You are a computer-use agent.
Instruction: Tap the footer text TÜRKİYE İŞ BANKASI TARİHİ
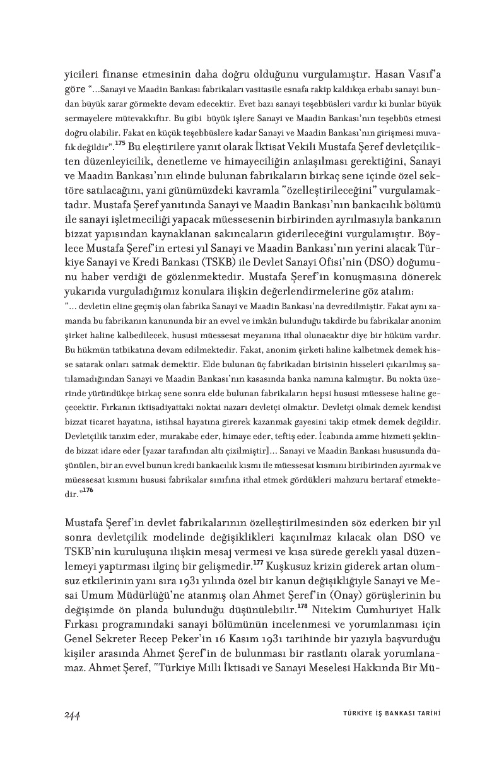(x=387, y=713)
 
